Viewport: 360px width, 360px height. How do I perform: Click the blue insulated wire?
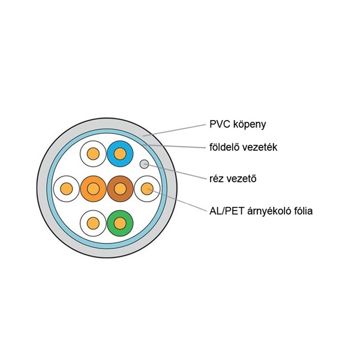(x=120, y=155)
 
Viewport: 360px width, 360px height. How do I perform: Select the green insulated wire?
(x=120, y=224)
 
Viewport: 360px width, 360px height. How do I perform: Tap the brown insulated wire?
(x=120, y=190)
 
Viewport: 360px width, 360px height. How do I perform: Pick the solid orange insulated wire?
(x=93, y=190)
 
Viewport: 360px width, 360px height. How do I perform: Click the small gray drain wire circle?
(x=144, y=163)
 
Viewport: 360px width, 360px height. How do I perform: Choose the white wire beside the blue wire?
(x=93, y=155)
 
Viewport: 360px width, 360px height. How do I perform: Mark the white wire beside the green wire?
(x=93, y=224)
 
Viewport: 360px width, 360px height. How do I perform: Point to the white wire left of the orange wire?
(x=65, y=190)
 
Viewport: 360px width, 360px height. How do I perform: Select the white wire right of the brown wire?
(x=147, y=190)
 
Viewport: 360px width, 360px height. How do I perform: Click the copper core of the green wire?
(x=120, y=224)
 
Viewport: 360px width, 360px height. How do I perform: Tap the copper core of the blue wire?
(x=120, y=155)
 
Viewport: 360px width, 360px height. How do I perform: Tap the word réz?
(x=217, y=178)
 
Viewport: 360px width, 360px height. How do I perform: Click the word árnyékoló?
(x=270, y=211)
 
